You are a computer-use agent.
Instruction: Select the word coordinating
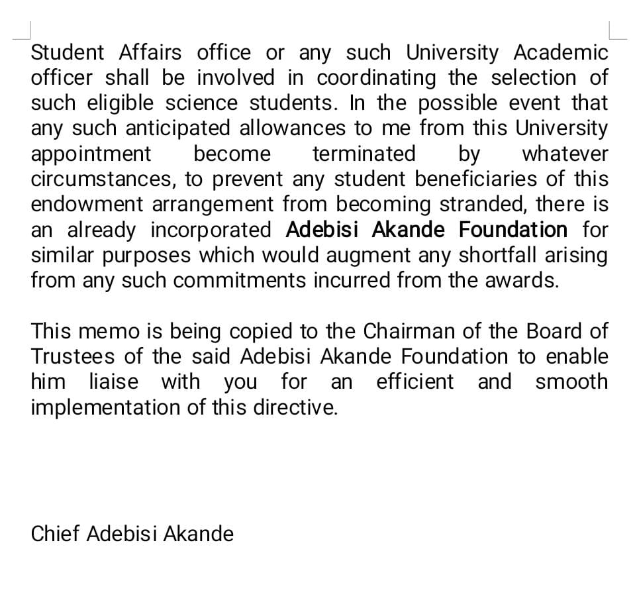[x=376, y=78]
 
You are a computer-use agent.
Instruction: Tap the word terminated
[x=364, y=154]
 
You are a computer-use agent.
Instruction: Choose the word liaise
[x=113, y=382]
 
